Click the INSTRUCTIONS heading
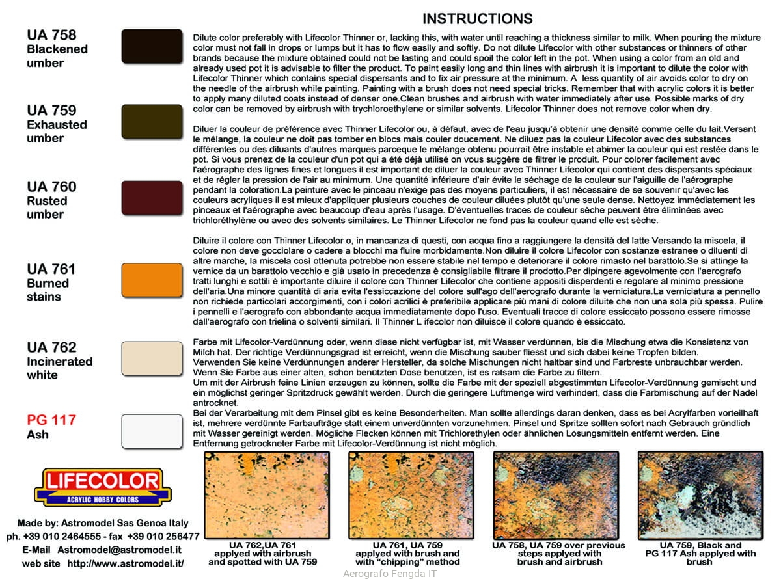pyautogui.click(x=477, y=19)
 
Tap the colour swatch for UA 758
pyautogui.click(x=152, y=46)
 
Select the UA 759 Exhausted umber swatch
pyautogui.click(x=152, y=122)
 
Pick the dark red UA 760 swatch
pyautogui.click(x=152, y=198)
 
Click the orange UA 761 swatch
pyautogui.click(x=152, y=280)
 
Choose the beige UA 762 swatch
pyautogui.click(x=152, y=358)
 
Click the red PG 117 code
pyautogui.click(x=51, y=420)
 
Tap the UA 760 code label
pyautogui.click(x=51, y=187)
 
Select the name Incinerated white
pyautogui.click(x=59, y=368)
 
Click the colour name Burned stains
pyautogui.click(x=48, y=289)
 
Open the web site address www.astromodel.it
pyautogui.click(x=125, y=563)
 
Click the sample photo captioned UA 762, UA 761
pyautogui.click(x=267, y=495)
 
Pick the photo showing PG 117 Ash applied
pyautogui.click(x=700, y=495)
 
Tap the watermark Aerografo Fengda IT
pyautogui.click(x=389, y=574)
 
